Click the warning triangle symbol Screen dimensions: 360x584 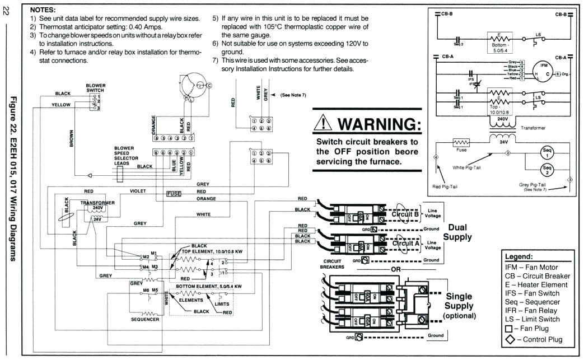[x=324, y=123]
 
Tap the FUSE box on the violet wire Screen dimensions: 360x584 [x=174, y=194]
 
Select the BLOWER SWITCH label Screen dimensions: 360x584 [x=96, y=87]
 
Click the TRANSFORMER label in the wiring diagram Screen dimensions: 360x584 [x=97, y=202]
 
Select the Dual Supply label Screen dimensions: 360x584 [x=457, y=232]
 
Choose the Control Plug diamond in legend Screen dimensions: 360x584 [x=510, y=339]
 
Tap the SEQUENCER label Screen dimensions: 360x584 [x=145, y=319]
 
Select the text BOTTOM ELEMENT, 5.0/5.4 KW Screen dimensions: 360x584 [x=208, y=286]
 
